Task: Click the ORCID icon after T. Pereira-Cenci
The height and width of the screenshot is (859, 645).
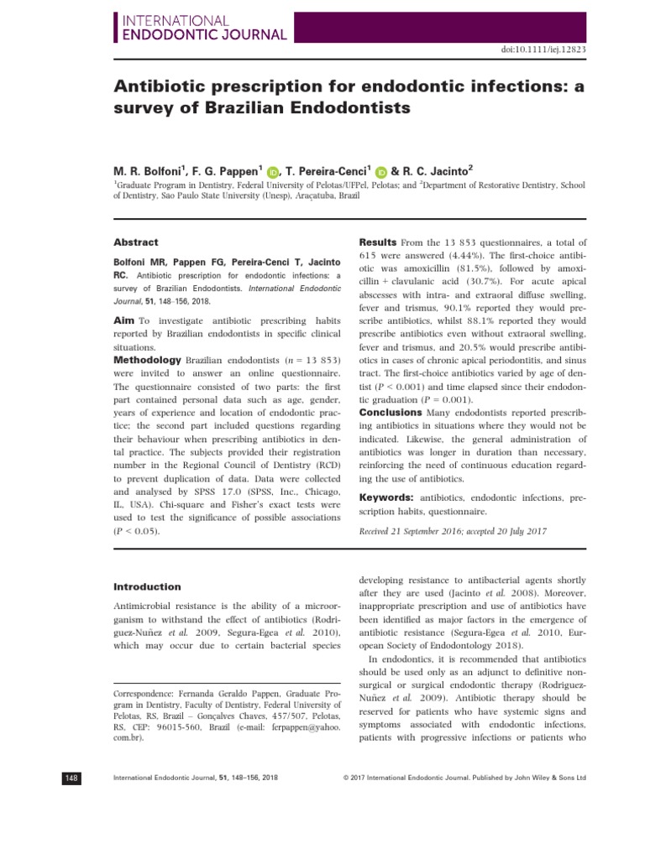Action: [x=381, y=173]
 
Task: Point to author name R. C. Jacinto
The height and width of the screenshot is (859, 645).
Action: [x=440, y=172]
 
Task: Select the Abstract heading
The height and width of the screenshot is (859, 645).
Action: [x=136, y=242]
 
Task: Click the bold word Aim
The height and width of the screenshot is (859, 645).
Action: [x=124, y=320]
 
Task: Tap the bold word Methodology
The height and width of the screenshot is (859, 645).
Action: [x=147, y=360]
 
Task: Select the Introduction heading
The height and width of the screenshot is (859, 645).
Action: [x=147, y=587]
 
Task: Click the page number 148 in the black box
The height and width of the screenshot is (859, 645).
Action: [x=72, y=778]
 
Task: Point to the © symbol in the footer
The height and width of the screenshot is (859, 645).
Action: [x=347, y=778]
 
